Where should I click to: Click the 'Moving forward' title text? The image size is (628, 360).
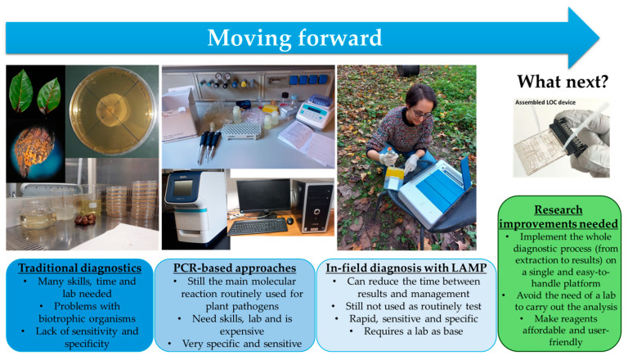point(294,38)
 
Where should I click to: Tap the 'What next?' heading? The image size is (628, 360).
point(563,81)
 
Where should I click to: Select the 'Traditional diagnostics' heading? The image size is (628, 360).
point(79,268)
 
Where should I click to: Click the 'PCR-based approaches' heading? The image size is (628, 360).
point(235,268)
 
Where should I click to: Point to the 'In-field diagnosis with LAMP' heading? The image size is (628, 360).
point(406,268)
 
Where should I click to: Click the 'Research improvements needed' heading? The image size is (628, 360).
point(558,217)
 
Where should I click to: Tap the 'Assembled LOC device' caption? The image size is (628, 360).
point(545,102)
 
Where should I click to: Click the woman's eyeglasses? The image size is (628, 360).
point(422,114)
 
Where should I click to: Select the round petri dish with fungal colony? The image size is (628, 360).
point(112,111)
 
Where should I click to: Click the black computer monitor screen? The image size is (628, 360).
point(263,196)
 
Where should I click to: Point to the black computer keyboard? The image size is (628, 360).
point(258,227)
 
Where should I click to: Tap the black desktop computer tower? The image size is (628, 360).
point(315,206)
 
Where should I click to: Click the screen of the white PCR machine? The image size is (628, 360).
point(182,187)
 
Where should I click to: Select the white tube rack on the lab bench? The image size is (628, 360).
point(240,131)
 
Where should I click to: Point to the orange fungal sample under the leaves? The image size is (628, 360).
point(34,150)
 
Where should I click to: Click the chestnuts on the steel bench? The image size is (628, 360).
point(85,219)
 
